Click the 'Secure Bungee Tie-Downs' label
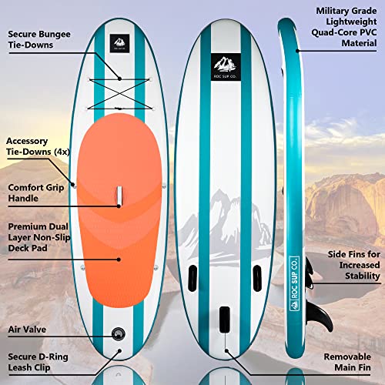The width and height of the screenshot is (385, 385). click(x=39, y=39)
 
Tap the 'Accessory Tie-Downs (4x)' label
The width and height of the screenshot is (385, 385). click(x=38, y=146)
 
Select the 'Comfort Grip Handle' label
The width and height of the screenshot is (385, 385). click(x=36, y=192)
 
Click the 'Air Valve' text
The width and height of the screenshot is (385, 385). click(x=27, y=330)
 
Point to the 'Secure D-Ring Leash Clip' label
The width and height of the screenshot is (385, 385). click(x=38, y=362)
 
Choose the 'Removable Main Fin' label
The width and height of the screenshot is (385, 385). click(x=347, y=362)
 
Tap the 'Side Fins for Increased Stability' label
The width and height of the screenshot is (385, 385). click(x=354, y=265)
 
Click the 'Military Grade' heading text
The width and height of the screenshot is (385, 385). click(x=346, y=11)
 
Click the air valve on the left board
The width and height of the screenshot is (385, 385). click(x=119, y=333)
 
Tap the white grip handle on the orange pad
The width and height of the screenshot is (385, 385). click(x=119, y=196)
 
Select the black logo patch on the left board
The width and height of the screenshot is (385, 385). click(x=119, y=43)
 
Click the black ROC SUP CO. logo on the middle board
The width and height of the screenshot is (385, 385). click(x=226, y=67)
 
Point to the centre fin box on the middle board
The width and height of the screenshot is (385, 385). click(x=225, y=320)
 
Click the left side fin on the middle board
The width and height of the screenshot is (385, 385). click(x=192, y=278)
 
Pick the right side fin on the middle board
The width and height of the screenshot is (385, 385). click(x=257, y=278)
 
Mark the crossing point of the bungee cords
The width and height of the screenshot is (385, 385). click(x=119, y=93)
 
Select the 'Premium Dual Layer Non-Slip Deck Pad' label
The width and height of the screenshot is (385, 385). click(x=39, y=237)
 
